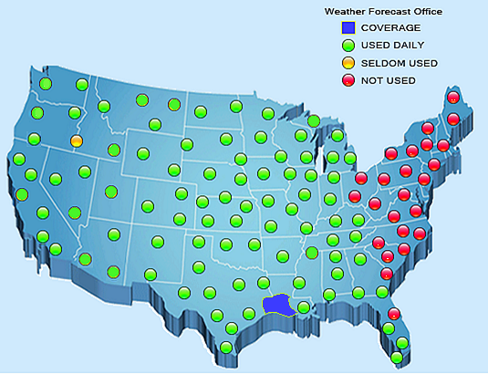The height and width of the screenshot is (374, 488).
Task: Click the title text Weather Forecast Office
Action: pyautogui.click(x=384, y=12)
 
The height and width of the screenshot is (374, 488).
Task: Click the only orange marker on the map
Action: pyautogui.click(x=77, y=141)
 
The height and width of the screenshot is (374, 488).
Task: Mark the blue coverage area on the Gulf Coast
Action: pyautogui.click(x=275, y=305)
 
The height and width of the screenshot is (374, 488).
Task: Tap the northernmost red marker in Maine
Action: pyautogui.click(x=453, y=98)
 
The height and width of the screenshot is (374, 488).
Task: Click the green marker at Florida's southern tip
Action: pyautogui.click(x=397, y=358)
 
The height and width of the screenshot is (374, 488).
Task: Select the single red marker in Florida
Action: pyautogui.click(x=394, y=314)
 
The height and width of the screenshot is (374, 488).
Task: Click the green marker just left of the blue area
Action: pyautogui.click(x=246, y=313)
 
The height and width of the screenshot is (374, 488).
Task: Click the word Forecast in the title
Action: pyautogui.click(x=385, y=12)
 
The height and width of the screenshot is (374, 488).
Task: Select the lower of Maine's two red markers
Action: pyautogui.click(x=453, y=119)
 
